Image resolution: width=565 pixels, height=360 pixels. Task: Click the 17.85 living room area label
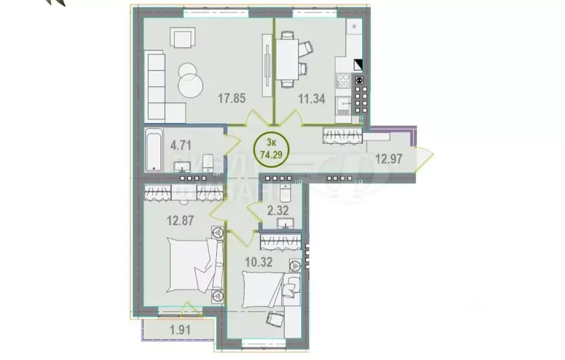231,99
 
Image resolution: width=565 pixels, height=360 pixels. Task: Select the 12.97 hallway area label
388,159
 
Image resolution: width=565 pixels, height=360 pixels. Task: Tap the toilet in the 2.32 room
285,195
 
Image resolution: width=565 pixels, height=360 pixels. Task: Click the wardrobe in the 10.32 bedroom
281,241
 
